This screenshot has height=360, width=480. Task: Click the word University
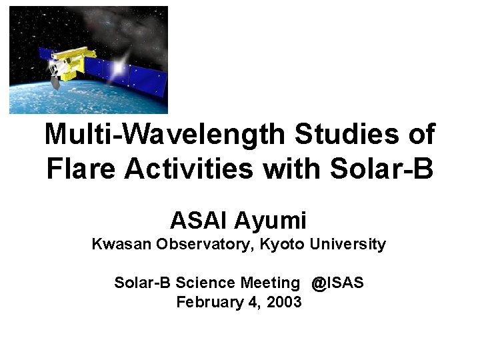coord(346,245)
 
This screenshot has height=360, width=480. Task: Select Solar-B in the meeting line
coord(139,283)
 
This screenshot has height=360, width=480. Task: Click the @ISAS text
coord(337,283)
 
